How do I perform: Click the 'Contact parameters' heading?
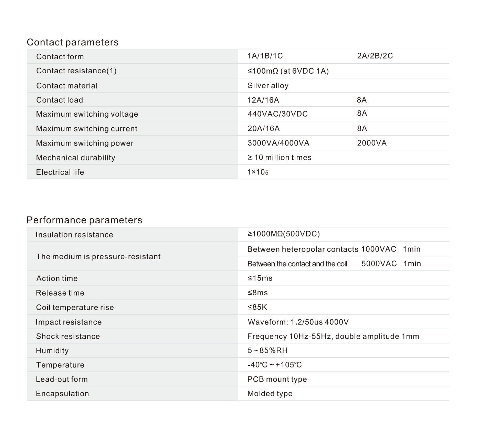tap(73, 42)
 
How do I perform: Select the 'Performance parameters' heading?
tap(84, 220)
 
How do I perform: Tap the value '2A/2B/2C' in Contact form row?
tap(375, 56)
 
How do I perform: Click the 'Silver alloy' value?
tap(268, 86)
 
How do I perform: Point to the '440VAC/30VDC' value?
tap(277, 114)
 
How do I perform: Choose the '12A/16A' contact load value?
tap(263, 100)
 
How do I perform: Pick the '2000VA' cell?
tap(372, 143)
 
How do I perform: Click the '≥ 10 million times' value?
tap(279, 158)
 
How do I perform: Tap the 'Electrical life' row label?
tap(60, 172)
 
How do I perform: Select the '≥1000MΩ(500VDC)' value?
tap(283, 234)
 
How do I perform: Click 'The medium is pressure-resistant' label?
tap(98, 257)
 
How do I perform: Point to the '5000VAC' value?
tap(379, 264)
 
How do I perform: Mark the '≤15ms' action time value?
tap(260, 278)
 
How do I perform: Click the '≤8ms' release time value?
tap(257, 293)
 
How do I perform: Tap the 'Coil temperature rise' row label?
tap(75, 308)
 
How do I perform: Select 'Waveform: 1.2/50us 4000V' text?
tap(298, 322)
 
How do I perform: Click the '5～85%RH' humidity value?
tap(267, 351)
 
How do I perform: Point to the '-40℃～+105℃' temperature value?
tap(274, 365)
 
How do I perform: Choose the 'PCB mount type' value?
tap(277, 379)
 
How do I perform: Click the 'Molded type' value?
tap(270, 394)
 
